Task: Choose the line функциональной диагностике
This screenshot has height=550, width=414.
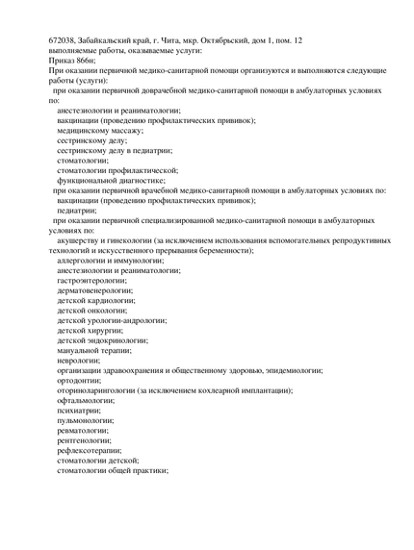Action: click(111, 180)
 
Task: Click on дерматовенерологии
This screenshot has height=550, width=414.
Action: click(101, 289)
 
